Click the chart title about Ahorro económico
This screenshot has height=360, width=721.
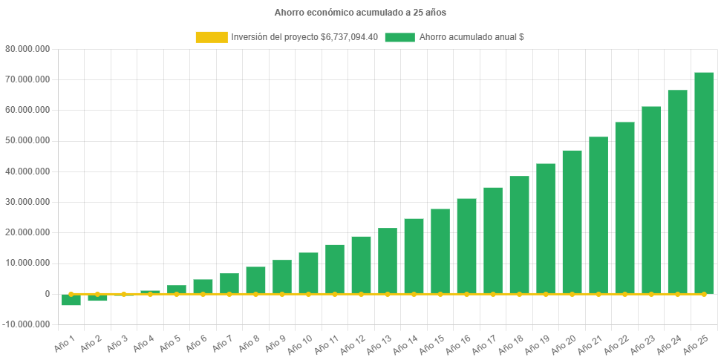360,13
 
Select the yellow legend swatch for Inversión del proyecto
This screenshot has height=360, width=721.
211,37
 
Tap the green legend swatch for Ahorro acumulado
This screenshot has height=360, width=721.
399,37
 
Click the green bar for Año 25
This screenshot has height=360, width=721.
704,183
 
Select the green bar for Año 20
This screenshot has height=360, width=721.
572,222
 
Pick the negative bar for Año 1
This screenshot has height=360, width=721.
71,300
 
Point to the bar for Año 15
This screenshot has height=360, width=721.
440,251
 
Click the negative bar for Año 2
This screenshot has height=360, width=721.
97,298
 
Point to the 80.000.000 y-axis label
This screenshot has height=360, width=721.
27,49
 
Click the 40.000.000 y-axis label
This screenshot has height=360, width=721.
27,171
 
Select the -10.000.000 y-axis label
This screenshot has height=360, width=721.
26,324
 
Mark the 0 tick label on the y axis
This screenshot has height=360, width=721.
46,294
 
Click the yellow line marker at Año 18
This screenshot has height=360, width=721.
519,295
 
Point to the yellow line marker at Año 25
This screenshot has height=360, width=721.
704,295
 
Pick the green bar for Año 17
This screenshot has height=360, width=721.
493,240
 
